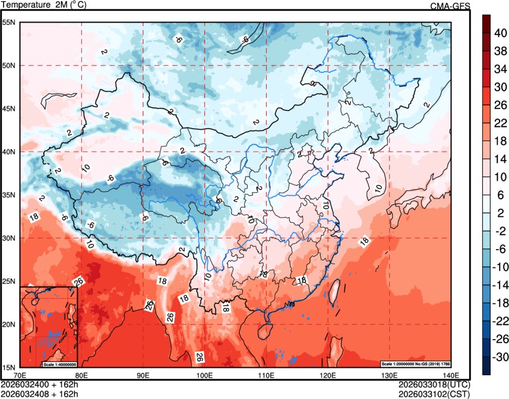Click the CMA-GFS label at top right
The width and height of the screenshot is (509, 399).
click(x=450, y=6)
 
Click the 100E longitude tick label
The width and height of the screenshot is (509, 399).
click(x=204, y=375)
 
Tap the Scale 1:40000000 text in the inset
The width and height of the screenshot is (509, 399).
click(x=60, y=363)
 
